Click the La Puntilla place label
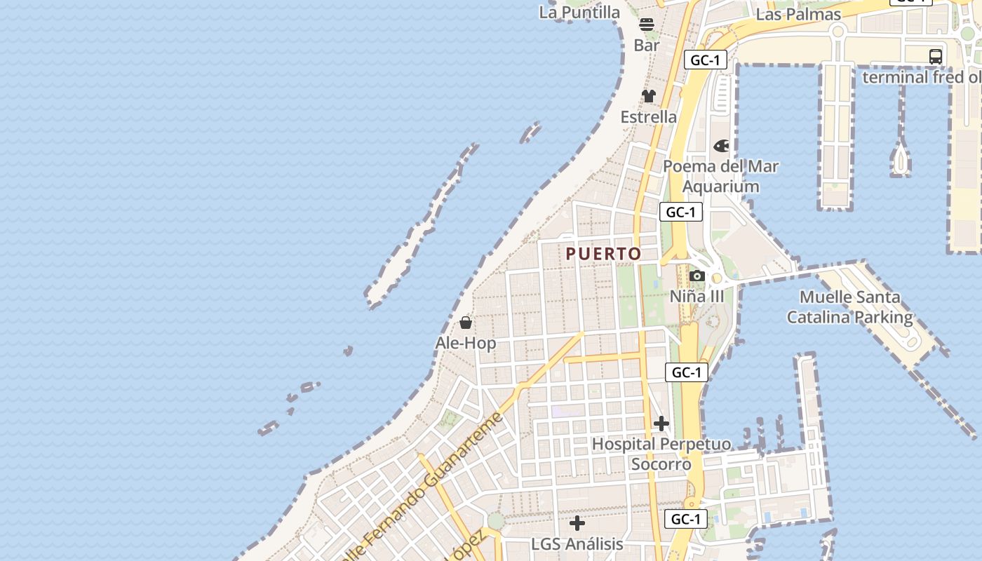pyautogui.click(x=579, y=12)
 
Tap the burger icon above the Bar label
pyautogui.click(x=647, y=25)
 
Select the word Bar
pyautogui.click(x=647, y=45)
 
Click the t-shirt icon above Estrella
pyautogui.click(x=649, y=96)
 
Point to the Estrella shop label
pyautogui.click(x=649, y=116)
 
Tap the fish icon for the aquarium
pyautogui.click(x=721, y=146)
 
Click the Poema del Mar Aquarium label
pyautogui.click(x=721, y=176)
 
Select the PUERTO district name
pyautogui.click(x=603, y=254)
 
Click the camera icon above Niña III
pyautogui.click(x=697, y=276)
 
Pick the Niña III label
pyautogui.click(x=697, y=296)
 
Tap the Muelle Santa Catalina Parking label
pyautogui.click(x=850, y=307)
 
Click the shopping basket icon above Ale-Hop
pyautogui.click(x=466, y=323)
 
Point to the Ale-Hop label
pyautogui.click(x=466, y=343)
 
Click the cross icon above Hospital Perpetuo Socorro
pyautogui.click(x=661, y=424)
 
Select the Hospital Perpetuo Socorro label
pyautogui.click(x=661, y=454)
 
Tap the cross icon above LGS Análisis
pyautogui.click(x=577, y=523)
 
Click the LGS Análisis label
pyautogui.click(x=577, y=544)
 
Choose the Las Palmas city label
pyautogui.click(x=799, y=14)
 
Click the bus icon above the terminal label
pyautogui.click(x=935, y=57)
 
